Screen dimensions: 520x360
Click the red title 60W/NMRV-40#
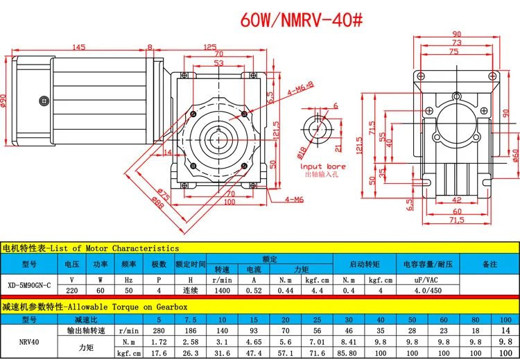point(302,20)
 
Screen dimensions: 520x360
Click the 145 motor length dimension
point(78,46)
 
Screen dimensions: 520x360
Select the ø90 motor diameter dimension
point(3,101)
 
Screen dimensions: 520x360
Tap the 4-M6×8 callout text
point(300,89)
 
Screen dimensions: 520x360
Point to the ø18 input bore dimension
point(302,151)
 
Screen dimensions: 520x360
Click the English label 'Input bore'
point(322,166)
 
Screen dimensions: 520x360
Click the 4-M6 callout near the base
point(294,199)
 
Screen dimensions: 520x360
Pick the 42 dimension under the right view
point(457,200)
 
